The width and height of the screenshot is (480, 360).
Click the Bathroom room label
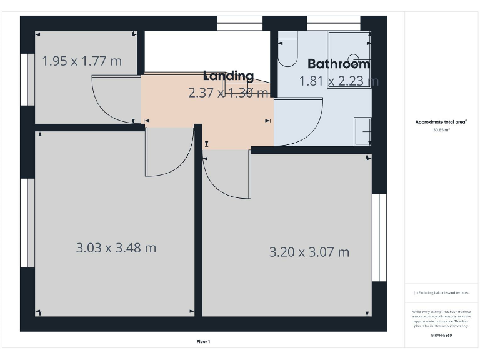338,64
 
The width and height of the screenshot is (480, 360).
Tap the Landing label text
228,76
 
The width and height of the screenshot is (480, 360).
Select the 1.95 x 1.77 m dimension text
81,61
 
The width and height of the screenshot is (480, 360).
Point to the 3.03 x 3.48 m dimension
116,247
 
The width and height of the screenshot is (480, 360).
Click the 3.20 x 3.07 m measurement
309,252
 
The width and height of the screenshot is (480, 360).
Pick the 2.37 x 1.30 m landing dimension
228,92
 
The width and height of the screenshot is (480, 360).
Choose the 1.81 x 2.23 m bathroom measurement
338,81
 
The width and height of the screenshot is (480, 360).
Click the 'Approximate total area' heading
441,122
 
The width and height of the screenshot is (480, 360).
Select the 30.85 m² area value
441,130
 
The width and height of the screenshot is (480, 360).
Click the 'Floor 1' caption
203,341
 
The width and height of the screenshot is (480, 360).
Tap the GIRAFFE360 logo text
441,336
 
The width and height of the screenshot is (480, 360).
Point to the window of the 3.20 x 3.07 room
379,237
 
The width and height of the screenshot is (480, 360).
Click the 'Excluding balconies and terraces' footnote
441,292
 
